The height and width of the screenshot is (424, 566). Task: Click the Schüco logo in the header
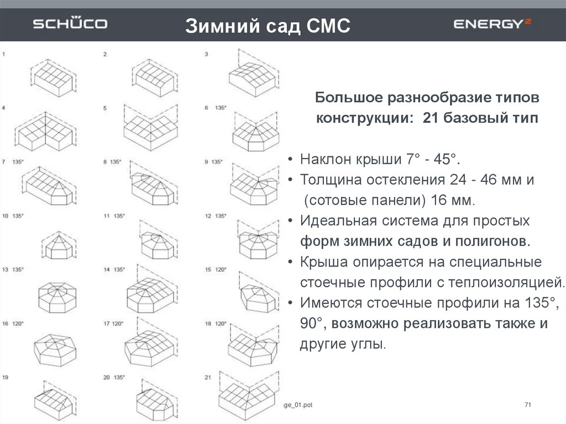coord(70,24)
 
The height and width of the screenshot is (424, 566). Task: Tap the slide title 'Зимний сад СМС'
coord(268,25)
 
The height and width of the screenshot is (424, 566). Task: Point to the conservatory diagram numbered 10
coord(56,242)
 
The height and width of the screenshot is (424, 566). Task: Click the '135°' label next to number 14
coord(119,270)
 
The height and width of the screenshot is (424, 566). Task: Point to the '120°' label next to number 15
coord(221,270)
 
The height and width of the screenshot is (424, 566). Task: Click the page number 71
coord(527,406)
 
